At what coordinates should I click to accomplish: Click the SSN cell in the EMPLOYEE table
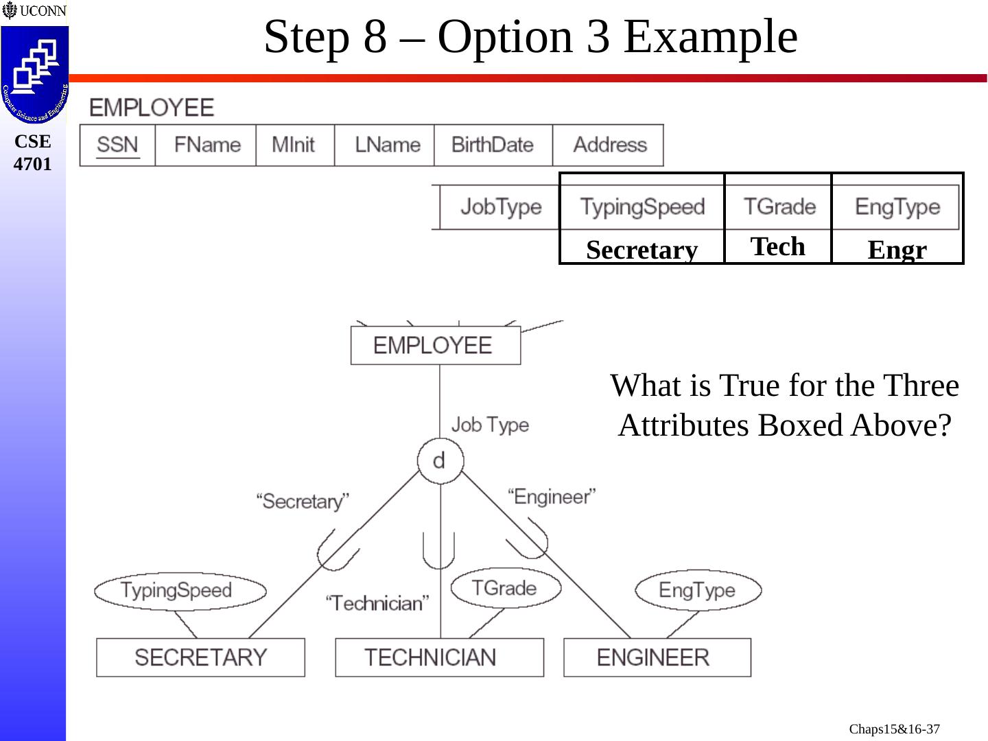tap(117, 145)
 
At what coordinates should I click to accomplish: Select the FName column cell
tap(207, 145)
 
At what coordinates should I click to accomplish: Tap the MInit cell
tap(294, 145)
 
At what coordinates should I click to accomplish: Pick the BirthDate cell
tap(493, 145)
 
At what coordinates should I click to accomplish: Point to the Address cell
tap(610, 145)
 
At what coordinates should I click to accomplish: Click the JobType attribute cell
tap(501, 207)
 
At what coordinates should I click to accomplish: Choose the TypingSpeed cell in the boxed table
tap(642, 207)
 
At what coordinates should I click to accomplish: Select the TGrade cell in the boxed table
tap(779, 207)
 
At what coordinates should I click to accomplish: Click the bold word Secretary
tap(642, 250)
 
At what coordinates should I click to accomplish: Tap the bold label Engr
tap(897, 250)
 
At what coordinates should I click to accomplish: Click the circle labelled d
tap(440, 460)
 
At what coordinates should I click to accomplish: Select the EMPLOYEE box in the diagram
tap(435, 345)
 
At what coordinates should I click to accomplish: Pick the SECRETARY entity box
tap(200, 657)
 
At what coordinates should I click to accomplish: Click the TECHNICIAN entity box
tap(439, 657)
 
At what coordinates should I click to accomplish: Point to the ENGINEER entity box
tap(657, 657)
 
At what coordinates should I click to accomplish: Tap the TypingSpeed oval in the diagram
tap(179, 591)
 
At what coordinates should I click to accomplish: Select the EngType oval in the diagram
tap(698, 590)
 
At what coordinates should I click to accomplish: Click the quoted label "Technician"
tap(377, 603)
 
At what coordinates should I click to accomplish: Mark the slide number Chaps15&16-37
tap(894, 729)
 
